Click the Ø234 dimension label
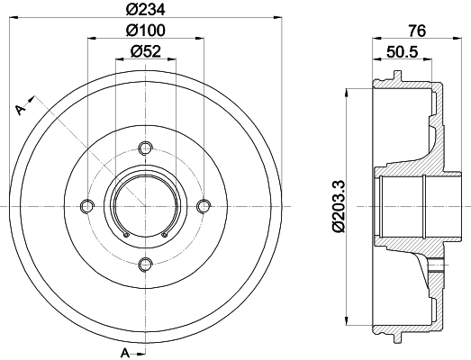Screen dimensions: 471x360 click(x=146, y=9)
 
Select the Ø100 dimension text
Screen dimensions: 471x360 click(x=146, y=31)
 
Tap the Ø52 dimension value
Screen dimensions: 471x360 click(x=146, y=51)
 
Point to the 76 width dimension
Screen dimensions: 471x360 click(x=417, y=31)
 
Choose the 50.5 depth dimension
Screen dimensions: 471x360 click(x=403, y=52)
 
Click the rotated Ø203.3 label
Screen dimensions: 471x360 click(x=339, y=207)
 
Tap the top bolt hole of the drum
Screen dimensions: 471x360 click(x=146, y=148)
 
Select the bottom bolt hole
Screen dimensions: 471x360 click(x=146, y=264)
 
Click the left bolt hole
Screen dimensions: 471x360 click(x=87, y=206)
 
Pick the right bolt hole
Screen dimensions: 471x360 click(x=204, y=206)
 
